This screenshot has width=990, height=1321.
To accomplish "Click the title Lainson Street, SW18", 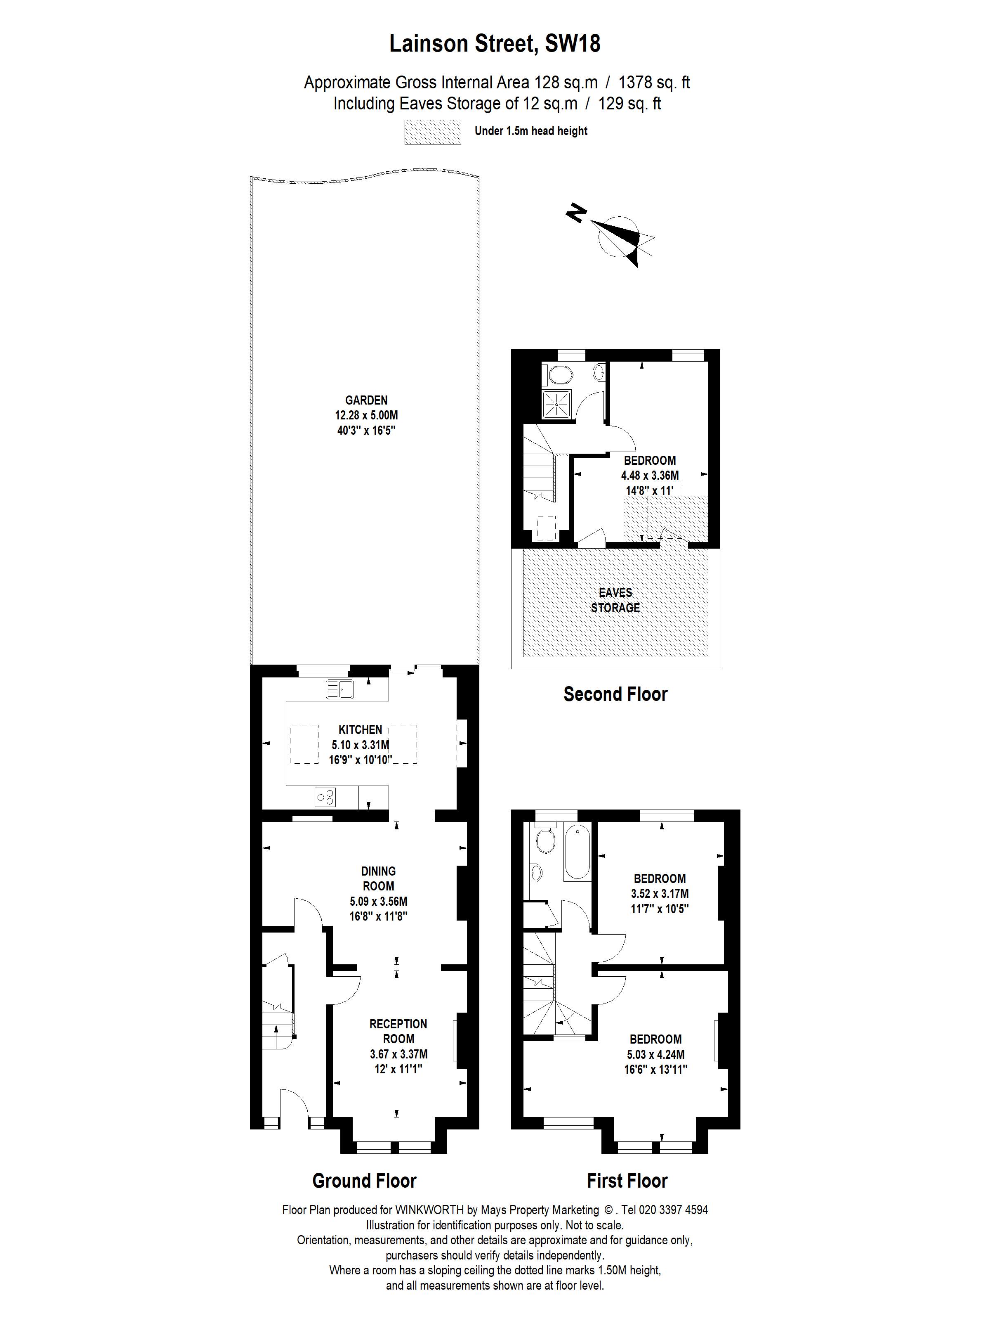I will [495, 44].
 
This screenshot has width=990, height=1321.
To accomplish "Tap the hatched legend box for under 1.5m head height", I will [433, 132].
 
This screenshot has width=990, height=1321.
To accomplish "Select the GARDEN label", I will [366, 400].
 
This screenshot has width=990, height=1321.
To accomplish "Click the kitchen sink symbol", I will [339, 689].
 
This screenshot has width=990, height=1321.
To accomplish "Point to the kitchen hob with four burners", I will [325, 797].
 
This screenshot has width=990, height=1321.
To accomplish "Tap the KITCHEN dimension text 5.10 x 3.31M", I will [360, 745].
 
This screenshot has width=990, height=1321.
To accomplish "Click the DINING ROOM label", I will [378, 878].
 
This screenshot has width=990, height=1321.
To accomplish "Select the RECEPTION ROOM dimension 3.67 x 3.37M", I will [398, 1054].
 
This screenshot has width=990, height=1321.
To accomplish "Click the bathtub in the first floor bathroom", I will [577, 850].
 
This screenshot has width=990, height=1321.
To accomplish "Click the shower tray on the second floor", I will [556, 404].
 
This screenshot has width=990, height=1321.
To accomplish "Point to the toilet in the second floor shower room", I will [559, 375].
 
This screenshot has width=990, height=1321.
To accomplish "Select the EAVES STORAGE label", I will [615, 600].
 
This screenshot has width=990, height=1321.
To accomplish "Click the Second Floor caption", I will [615, 694].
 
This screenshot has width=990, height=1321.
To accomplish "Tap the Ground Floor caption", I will [364, 1181].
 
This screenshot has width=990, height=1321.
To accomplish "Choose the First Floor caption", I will [627, 1181].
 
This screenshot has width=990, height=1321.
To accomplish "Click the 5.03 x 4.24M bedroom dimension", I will [655, 1055].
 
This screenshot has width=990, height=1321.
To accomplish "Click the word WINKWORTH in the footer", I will [429, 1210].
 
